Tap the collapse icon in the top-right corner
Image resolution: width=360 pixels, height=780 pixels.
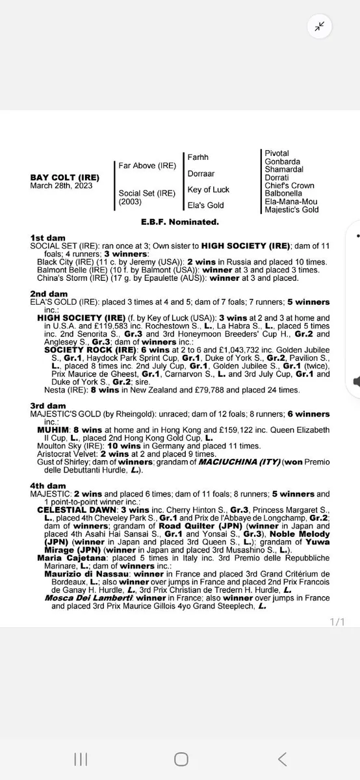pyautogui.click(x=320, y=26)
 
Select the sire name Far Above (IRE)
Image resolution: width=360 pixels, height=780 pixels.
pyautogui.click(x=147, y=166)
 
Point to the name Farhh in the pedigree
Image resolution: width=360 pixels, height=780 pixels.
pyautogui.click(x=198, y=157)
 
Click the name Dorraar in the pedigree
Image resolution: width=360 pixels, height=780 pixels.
pyautogui.click(x=201, y=174)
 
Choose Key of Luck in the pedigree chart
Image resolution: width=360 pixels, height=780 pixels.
pyautogui.click(x=209, y=189)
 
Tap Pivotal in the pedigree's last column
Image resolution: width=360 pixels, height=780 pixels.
pyautogui.click(x=277, y=153)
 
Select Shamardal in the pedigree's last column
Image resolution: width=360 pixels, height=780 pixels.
pyautogui.click(x=284, y=170)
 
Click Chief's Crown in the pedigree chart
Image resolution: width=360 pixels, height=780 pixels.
pyautogui.click(x=289, y=185)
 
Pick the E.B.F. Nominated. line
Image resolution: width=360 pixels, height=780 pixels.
pyautogui.click(x=180, y=222)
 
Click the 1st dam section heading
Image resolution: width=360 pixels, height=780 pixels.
pyautogui.click(x=47, y=239)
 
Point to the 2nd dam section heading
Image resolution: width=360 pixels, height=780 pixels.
pyautogui.click(x=49, y=293)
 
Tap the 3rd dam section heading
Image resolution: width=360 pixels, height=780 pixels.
pyautogui.click(x=48, y=406)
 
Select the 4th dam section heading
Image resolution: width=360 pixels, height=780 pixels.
pyautogui.click(x=48, y=486)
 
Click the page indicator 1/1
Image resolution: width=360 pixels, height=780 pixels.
pyautogui.click(x=337, y=622)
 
